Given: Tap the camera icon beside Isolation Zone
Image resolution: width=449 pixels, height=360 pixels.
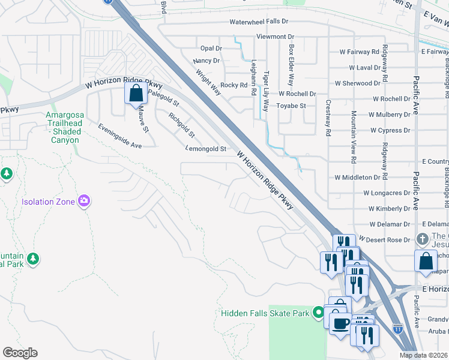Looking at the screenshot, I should pos(85,201).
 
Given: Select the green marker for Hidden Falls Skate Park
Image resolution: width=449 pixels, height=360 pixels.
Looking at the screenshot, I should pos(319,313).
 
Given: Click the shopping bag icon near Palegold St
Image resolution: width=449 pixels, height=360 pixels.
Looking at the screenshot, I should pos(136,94).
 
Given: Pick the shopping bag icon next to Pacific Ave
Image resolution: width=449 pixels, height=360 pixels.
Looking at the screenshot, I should pos(426,261).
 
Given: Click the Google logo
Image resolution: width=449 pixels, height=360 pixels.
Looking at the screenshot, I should pos(20,353).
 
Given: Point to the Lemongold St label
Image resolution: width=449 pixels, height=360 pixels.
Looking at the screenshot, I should pos(206,148).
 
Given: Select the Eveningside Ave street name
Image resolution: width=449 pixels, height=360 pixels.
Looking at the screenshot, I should pos(120,137).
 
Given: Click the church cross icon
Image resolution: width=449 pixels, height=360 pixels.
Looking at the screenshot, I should pos(423,238).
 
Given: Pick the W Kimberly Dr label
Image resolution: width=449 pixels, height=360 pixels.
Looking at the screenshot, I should pos(390,208).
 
